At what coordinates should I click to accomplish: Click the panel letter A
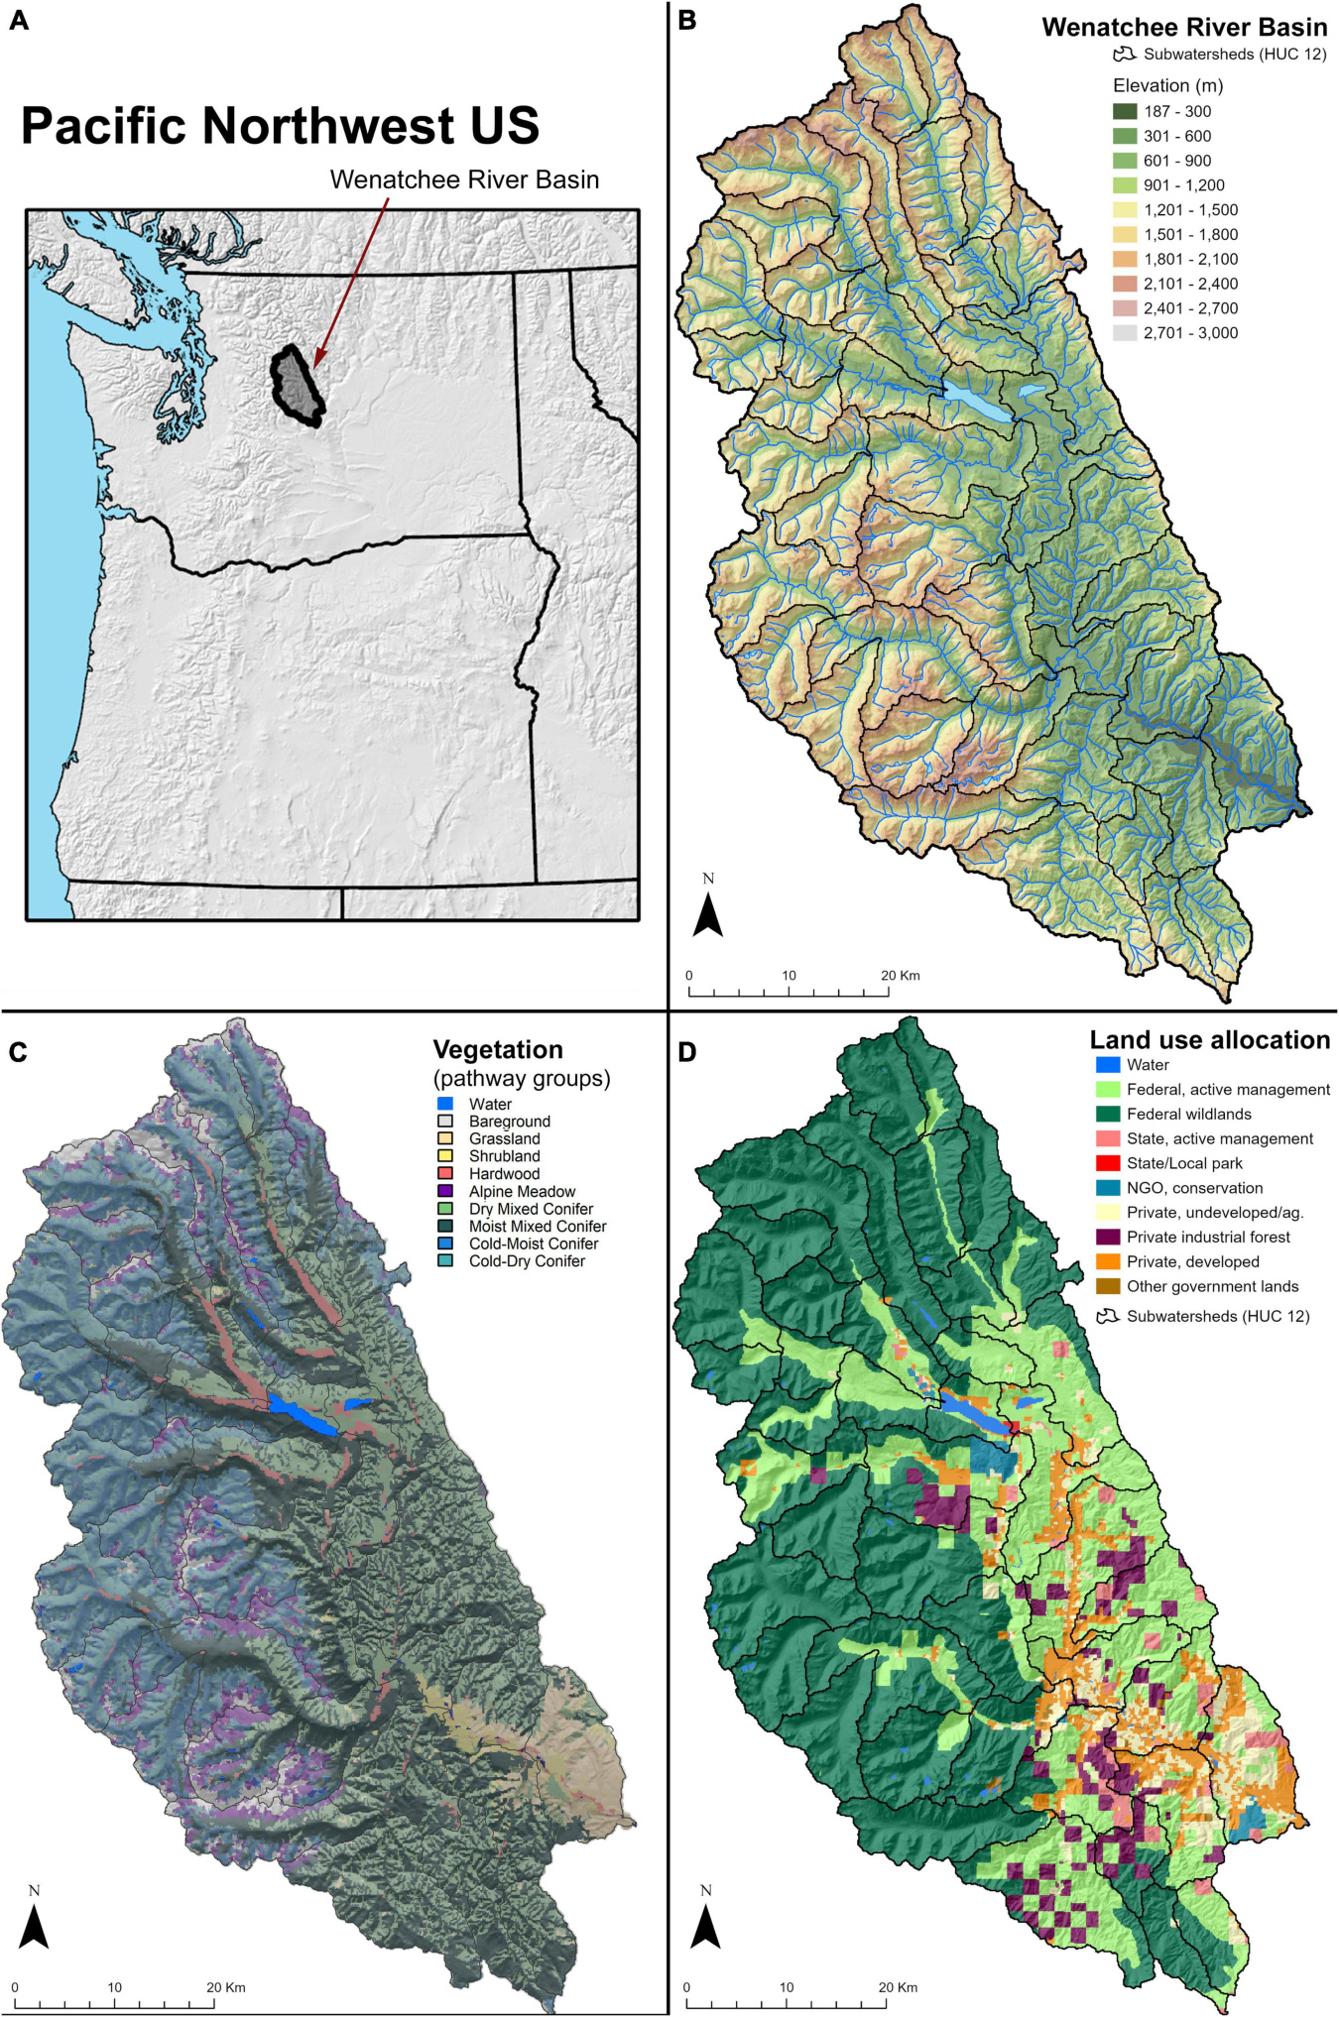(19, 20)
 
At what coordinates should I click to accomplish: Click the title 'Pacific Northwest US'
(280, 126)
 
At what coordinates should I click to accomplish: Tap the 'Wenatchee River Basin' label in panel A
(464, 179)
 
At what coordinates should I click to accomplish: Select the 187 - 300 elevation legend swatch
(1125, 112)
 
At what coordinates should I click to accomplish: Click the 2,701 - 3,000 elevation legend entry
(1189, 333)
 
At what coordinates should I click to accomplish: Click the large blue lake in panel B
(977, 401)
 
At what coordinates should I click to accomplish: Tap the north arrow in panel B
(707, 910)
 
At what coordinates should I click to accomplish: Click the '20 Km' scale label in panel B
(901, 975)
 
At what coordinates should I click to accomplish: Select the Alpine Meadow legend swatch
(445, 1191)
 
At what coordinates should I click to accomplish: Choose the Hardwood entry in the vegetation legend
(504, 1174)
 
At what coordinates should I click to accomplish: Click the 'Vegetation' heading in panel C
(498, 1049)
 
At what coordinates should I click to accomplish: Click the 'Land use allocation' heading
(1209, 1039)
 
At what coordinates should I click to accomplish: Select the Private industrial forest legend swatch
(1108, 1237)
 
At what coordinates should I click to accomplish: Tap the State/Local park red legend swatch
(1108, 1163)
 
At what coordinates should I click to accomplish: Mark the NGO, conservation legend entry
(1194, 1188)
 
